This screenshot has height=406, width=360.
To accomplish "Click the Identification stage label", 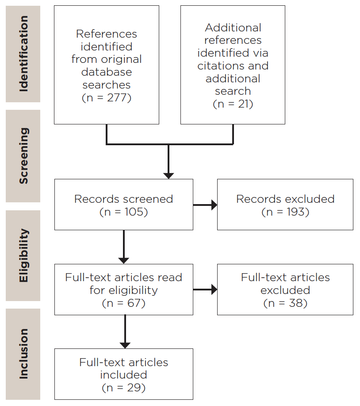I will pyautogui.click(x=23, y=54).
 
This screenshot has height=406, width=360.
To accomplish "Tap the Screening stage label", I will pyautogui.click(x=23, y=156).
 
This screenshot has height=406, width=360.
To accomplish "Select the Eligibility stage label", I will pyautogui.click(x=23, y=255).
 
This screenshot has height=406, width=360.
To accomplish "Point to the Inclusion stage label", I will pyautogui.click(x=23, y=354).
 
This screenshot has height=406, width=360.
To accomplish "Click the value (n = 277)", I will pyautogui.click(x=107, y=97).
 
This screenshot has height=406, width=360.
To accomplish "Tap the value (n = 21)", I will pyautogui.click(x=233, y=104).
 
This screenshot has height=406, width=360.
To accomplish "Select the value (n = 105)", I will pyautogui.click(x=123, y=212).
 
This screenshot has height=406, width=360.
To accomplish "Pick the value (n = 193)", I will pyautogui.click(x=285, y=212).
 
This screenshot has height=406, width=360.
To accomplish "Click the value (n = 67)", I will pyautogui.click(x=123, y=303).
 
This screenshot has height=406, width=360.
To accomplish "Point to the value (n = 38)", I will pyautogui.click(x=285, y=303).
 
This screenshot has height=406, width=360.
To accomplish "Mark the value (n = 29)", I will pyautogui.click(x=123, y=388).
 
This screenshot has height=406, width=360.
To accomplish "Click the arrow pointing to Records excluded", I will pyautogui.click(x=205, y=205).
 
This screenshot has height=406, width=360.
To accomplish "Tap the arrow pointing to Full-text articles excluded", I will pyautogui.click(x=205, y=290).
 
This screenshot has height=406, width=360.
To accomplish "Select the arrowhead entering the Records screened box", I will pyautogui.click(x=169, y=175).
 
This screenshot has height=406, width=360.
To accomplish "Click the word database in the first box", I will pyautogui.click(x=107, y=72).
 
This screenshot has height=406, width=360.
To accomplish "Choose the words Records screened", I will pyautogui.click(x=123, y=199).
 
